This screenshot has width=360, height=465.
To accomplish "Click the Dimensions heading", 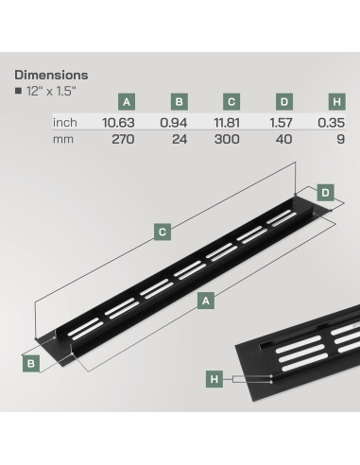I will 52,75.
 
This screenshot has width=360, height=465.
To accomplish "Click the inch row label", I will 65,122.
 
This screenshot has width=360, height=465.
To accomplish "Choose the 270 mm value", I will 125,138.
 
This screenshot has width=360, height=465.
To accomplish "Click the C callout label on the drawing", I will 163,230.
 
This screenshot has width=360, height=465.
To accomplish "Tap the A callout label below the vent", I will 206,300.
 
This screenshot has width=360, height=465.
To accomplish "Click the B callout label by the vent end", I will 30,361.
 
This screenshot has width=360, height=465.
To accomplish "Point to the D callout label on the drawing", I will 325,193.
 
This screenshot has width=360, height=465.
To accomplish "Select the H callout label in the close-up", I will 214,379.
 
